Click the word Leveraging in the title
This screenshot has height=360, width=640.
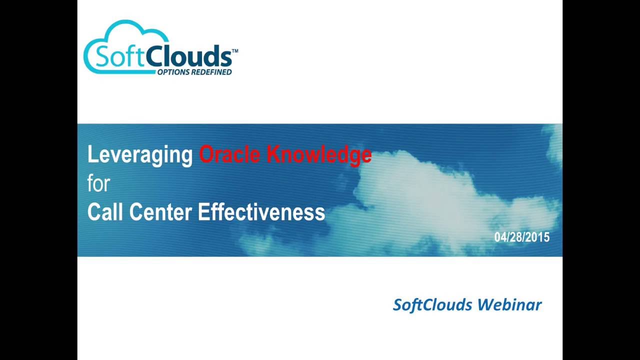click(140, 155)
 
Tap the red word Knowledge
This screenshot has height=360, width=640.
click(319, 155)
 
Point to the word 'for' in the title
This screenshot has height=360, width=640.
click(98, 183)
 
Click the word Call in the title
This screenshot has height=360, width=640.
click(105, 212)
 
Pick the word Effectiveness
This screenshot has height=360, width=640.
click(261, 212)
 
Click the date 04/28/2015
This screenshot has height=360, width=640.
click(521, 237)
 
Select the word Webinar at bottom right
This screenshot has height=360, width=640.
click(509, 304)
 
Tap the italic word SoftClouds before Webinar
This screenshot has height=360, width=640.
click(432, 304)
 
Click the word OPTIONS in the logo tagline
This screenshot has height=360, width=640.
click(173, 72)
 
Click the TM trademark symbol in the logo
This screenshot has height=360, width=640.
click(235, 51)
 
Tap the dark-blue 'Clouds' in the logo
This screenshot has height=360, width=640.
click(188, 56)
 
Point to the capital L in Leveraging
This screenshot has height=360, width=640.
click(91, 155)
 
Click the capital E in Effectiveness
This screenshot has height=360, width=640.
click(203, 212)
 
